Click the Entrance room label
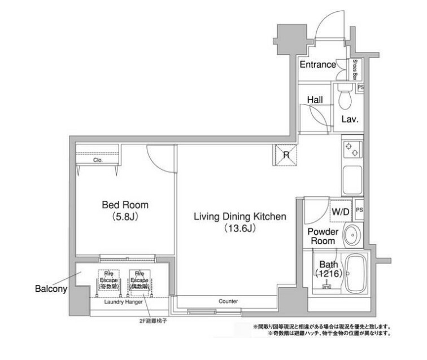[x=317, y=64]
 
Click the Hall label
[x=315, y=99]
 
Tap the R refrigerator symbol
[x=286, y=155]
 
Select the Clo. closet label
[x=98, y=160]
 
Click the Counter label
[x=228, y=301]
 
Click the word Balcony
[x=51, y=289]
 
